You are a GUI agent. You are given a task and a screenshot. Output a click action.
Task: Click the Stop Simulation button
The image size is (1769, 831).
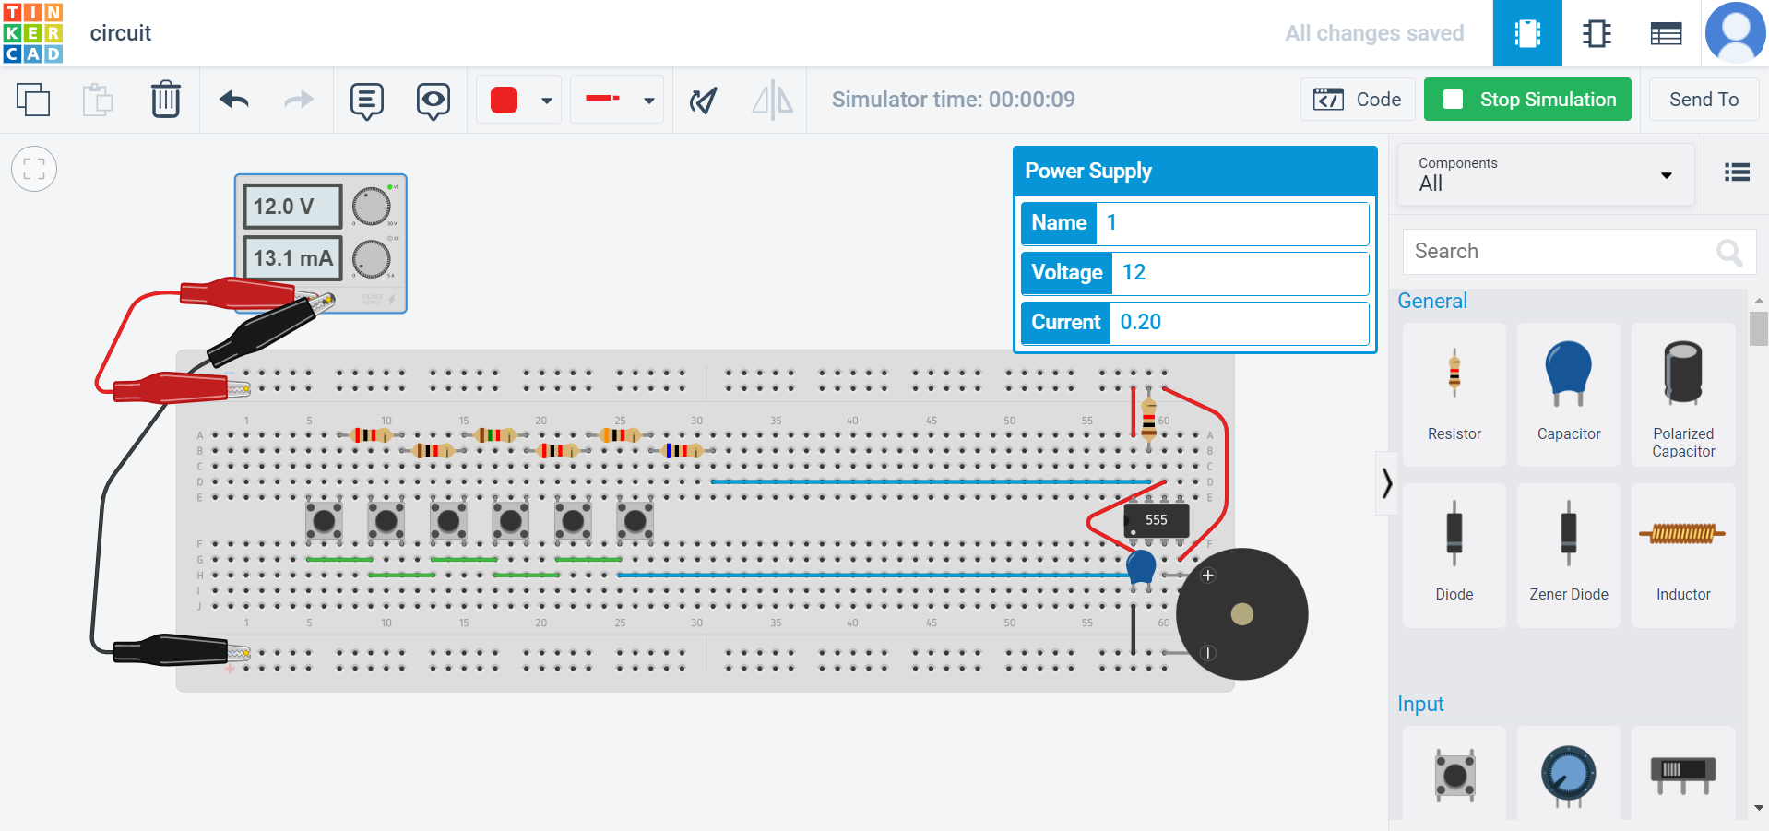[1527, 100]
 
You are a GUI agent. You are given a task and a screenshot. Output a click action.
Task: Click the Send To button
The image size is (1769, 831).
[1703, 100]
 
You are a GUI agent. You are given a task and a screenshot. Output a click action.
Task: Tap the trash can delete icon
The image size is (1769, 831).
[166, 100]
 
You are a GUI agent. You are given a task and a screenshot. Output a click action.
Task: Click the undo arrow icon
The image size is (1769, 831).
[234, 100]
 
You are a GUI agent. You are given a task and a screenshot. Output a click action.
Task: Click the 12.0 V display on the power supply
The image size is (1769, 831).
[292, 207]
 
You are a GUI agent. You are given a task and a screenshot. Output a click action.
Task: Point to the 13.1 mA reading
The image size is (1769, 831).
[292, 258]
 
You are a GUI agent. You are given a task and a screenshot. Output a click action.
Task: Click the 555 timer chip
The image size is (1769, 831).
[1156, 520]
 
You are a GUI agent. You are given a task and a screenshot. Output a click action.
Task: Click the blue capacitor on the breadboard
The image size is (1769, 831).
[1141, 566]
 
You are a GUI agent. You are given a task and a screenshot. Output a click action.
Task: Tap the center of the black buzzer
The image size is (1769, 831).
[1241, 614]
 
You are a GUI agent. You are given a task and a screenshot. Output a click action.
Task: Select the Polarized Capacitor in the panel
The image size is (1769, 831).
[1682, 395]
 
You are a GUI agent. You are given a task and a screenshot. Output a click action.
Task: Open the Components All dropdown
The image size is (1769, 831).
[1546, 174]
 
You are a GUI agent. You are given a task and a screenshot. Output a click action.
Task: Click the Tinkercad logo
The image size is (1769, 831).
[33, 33]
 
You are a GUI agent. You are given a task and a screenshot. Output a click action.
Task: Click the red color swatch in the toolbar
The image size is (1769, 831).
[505, 100]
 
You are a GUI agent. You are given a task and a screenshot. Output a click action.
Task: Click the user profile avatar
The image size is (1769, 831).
[1735, 33]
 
